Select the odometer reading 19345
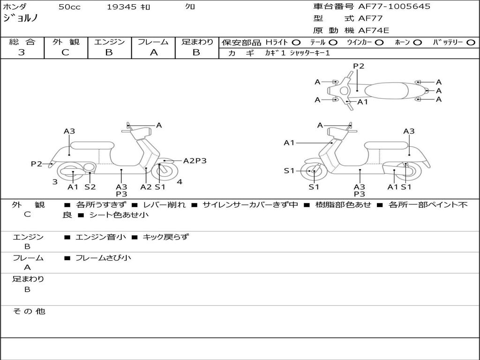121,7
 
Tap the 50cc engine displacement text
69,7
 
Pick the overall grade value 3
22,52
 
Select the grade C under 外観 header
66,52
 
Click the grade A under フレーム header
153,52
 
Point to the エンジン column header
109,42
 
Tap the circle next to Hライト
296,42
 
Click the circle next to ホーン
418,42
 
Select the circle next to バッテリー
471,42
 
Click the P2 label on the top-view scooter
359,66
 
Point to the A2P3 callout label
195,161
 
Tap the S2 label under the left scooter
90,187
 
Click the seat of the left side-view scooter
92,145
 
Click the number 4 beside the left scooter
180,182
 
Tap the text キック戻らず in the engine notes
165,237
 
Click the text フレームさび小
103,258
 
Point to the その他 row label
29,311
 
